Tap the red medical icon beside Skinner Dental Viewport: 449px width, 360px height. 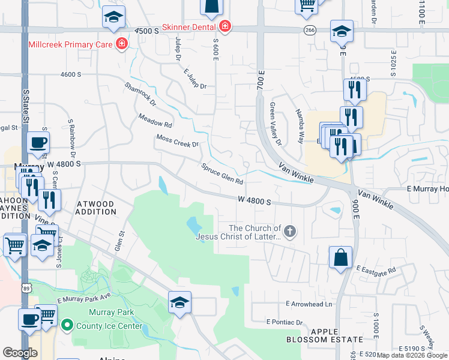click(225, 26)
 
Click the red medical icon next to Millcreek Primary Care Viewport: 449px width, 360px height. click(122, 44)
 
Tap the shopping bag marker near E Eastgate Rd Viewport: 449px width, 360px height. click(340, 257)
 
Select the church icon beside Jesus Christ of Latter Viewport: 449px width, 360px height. click(290, 232)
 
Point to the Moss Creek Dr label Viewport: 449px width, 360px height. click(177, 142)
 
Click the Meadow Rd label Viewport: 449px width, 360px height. click(155, 121)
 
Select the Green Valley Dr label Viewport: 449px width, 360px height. click(276, 124)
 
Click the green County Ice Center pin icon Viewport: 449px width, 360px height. click(67, 326)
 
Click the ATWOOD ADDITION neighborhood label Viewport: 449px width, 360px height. click(96, 208)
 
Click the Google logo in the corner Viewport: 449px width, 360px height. click(20, 352)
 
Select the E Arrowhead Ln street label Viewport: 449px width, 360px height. click(309, 304)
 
